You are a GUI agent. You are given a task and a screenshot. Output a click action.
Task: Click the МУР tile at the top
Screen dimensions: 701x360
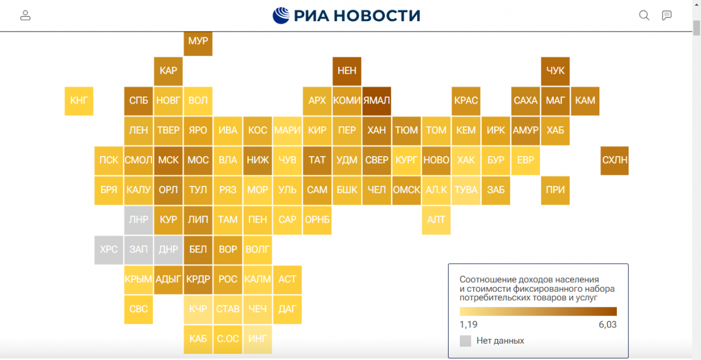198,43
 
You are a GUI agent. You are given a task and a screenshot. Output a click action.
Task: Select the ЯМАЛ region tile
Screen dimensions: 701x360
376,101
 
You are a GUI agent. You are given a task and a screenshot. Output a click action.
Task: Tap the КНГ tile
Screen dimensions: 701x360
79,101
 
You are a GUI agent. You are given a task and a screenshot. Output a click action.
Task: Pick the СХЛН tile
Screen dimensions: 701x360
615,160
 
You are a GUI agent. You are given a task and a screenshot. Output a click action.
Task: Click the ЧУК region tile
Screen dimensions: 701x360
555,71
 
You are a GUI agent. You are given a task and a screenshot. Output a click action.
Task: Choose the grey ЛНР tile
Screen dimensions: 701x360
138,220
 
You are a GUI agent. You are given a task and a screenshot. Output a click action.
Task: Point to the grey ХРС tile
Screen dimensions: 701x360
109,250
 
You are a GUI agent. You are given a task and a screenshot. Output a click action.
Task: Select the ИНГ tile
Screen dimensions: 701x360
258,339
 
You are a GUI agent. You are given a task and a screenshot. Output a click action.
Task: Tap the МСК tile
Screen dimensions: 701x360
168,160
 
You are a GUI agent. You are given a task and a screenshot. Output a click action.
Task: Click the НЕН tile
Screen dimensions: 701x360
347,71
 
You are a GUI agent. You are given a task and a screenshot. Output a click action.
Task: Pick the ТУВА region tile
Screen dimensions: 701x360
466,190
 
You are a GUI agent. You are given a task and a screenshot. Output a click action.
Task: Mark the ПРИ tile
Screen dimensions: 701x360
555,190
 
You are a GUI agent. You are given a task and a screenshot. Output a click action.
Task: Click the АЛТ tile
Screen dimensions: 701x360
436,220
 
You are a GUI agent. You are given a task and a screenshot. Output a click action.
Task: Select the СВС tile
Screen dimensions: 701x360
138,309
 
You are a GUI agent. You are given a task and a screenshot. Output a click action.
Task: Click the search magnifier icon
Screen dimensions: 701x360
644,15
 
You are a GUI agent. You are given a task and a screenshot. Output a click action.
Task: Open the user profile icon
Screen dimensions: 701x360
25,15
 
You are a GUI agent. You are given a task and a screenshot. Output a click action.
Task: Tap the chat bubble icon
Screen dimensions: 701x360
667,15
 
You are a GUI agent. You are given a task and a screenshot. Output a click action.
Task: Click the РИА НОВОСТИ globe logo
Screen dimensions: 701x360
281,15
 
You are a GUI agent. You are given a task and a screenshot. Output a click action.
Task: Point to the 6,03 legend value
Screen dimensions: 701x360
608,324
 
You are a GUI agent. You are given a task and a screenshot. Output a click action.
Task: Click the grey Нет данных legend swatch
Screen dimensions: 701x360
466,341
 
